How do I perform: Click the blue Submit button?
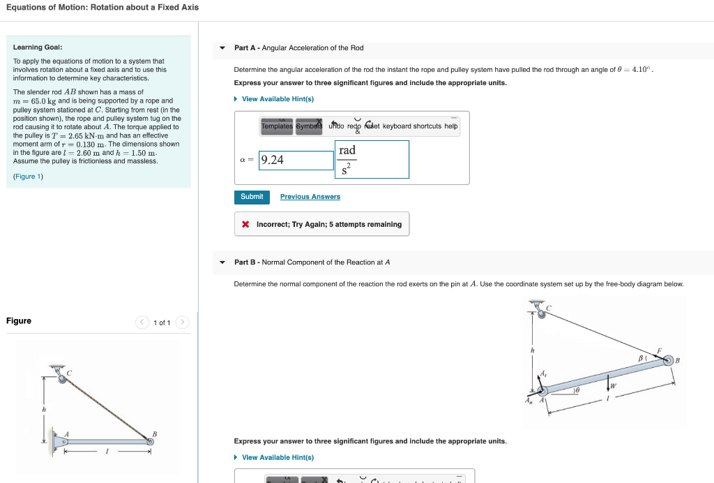click(x=252, y=197)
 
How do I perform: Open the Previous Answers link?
click(x=310, y=197)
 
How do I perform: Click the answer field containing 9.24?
click(x=296, y=160)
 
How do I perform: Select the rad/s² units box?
click(x=372, y=160)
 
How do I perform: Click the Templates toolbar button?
click(x=277, y=126)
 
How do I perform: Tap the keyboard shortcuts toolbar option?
click(x=411, y=126)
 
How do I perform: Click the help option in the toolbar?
click(x=451, y=126)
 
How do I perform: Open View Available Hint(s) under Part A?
click(x=278, y=99)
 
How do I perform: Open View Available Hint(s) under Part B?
click(x=278, y=457)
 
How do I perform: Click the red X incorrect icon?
click(x=245, y=225)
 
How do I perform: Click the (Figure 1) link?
click(x=28, y=177)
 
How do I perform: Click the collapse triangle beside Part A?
click(x=222, y=48)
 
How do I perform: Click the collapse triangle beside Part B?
click(x=222, y=262)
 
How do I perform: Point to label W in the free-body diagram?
click(x=614, y=386)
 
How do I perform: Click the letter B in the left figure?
click(x=154, y=434)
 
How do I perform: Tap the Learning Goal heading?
click(x=38, y=47)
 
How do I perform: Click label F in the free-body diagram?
click(x=658, y=350)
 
